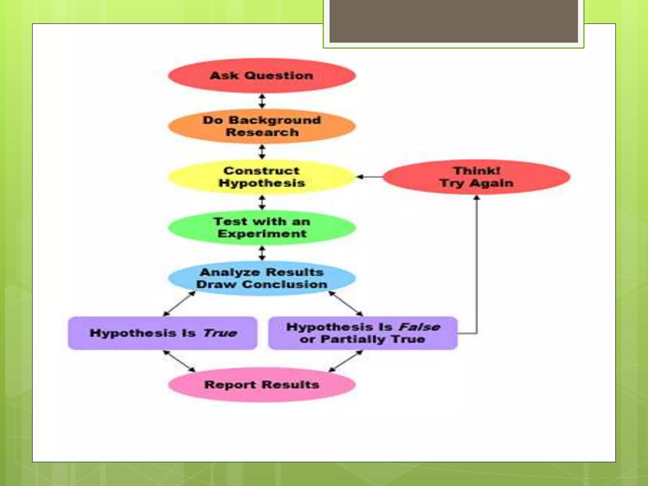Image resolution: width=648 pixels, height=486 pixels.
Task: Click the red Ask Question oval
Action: pos(262,76)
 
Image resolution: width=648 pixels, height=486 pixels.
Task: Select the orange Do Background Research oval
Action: pos(262,126)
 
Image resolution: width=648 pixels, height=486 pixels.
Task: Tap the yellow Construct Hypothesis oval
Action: pos(262,177)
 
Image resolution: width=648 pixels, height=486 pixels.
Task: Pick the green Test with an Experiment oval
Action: pos(262,227)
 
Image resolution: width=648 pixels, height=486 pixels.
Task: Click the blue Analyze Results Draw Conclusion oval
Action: pos(262,278)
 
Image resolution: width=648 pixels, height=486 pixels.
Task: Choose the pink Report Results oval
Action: pos(262,385)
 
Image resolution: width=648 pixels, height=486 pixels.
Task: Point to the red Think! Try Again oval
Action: pos(477,177)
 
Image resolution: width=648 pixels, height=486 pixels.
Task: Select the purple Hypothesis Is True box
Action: pos(162,333)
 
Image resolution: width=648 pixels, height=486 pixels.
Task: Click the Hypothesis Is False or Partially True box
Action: pos(363,333)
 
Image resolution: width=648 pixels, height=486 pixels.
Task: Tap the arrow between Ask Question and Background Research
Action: pos(262,101)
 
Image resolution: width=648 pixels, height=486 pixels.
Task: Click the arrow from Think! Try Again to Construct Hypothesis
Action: pos(370,177)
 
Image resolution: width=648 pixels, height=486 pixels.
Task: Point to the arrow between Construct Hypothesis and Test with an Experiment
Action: pos(262,202)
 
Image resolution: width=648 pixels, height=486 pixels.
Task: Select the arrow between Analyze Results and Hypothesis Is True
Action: pos(179,303)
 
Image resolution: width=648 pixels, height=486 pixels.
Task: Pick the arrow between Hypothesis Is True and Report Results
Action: pos(179,361)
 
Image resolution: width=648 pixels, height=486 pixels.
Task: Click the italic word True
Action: pos(220,333)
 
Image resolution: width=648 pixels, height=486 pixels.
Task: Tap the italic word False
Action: pos(419,327)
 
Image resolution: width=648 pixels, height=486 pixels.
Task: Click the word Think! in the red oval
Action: pos(477,171)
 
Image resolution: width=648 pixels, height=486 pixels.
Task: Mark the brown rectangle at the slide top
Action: pos(453,21)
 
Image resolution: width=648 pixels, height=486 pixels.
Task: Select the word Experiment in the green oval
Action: pos(262,234)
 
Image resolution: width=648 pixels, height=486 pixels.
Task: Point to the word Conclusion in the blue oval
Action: pos(285,284)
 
